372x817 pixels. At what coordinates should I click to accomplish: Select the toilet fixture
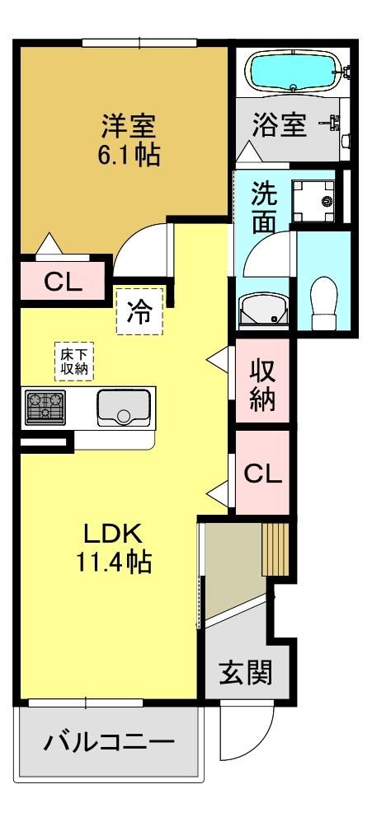click(x=324, y=302)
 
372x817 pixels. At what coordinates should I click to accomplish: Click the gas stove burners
click(x=45, y=407)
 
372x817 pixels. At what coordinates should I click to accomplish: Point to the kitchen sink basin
click(x=124, y=407)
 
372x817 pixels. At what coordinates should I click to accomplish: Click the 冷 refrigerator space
click(x=140, y=311)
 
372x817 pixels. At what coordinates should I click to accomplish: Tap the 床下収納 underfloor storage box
click(x=74, y=361)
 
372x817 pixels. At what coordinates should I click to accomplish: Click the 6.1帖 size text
click(x=129, y=154)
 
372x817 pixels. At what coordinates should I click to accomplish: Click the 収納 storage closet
click(x=262, y=380)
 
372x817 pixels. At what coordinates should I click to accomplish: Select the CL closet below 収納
click(x=263, y=473)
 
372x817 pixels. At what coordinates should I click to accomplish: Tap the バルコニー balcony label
click(x=109, y=741)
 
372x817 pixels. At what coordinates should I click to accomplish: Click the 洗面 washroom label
click(x=264, y=208)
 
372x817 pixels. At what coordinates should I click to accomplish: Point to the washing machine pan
click(x=313, y=201)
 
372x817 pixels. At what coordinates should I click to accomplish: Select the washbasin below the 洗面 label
click(x=263, y=310)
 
